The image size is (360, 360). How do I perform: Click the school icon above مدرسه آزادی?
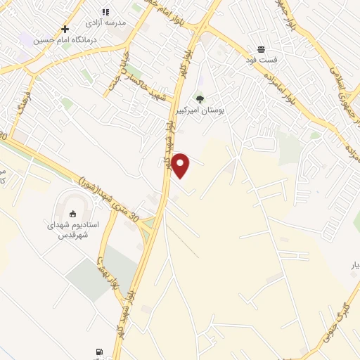105,11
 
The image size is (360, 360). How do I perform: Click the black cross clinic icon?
65,29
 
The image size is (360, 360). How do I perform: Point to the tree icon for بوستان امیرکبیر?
200,99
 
